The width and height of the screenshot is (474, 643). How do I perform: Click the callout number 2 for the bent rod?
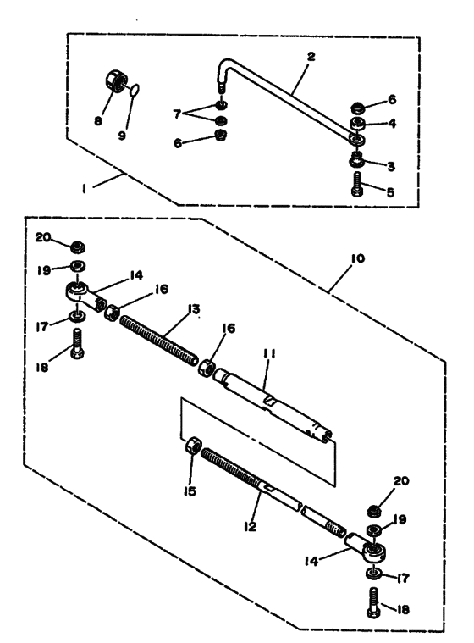311,57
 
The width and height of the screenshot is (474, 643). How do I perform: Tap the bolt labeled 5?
357,185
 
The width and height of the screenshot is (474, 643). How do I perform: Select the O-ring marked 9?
135,90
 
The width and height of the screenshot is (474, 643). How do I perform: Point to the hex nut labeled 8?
116,81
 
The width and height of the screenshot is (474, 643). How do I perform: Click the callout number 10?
357,258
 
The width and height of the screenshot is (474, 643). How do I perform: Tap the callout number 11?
270,353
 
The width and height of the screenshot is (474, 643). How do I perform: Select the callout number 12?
250,526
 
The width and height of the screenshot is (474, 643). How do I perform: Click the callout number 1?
84,189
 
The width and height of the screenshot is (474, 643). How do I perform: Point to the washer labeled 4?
358,123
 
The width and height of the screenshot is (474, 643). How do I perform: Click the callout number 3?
391,166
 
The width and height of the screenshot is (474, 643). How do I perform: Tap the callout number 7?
177,114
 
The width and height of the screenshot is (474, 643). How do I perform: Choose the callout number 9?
122,136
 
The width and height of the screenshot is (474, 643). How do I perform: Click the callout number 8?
98,121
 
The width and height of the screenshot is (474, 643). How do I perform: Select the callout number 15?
190,491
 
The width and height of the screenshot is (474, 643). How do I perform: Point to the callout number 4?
392,123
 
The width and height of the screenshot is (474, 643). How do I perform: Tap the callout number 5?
390,192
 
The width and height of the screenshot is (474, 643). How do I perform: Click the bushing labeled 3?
357,161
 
